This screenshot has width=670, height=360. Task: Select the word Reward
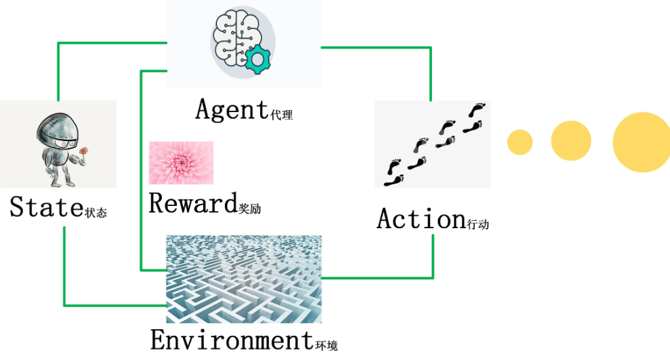pyautogui.click(x=191, y=203)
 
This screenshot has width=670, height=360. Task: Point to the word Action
pyautogui.click(x=420, y=219)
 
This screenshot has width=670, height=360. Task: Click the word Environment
pyautogui.click(x=232, y=340)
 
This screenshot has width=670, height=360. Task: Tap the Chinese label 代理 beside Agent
pyautogui.click(x=281, y=115)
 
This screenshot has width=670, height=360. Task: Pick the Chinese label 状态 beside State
pyautogui.click(x=96, y=213)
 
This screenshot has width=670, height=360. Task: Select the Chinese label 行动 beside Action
pyautogui.click(x=479, y=224)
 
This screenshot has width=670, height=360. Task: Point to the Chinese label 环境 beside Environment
pyautogui.click(x=326, y=345)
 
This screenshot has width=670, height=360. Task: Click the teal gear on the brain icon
pyautogui.click(x=257, y=60)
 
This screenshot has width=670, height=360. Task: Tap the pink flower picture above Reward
pyautogui.click(x=181, y=163)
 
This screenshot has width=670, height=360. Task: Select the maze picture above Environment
pyautogui.click(x=243, y=279)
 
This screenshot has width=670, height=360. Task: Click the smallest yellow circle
pyautogui.click(x=520, y=142)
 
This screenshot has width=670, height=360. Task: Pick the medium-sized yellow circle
pyautogui.click(x=571, y=141)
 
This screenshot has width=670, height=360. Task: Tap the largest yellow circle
pyautogui.click(x=641, y=142)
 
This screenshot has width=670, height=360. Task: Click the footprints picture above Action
pyautogui.click(x=433, y=144)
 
